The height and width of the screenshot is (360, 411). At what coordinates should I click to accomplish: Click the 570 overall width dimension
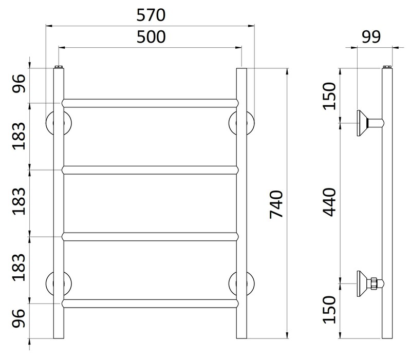click(x=150, y=15)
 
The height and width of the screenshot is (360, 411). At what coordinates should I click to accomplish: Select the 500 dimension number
click(x=150, y=37)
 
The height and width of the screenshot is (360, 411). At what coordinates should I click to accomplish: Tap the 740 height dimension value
click(x=276, y=204)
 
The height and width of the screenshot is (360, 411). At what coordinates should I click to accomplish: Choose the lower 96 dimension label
click(x=19, y=321)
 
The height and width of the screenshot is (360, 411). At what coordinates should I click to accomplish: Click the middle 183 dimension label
click(x=19, y=202)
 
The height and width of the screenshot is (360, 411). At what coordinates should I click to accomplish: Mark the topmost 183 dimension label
click(x=19, y=136)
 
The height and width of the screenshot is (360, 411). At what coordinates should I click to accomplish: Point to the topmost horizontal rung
click(x=150, y=103)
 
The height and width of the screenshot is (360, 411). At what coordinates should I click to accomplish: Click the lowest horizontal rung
click(x=150, y=303)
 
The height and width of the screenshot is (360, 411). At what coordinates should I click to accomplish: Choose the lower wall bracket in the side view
click(x=369, y=282)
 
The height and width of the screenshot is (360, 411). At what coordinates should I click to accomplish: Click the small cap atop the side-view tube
click(x=388, y=67)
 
